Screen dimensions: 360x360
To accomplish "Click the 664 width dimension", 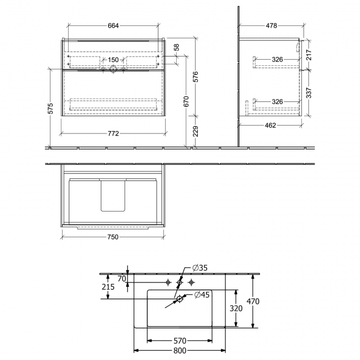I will click(x=114, y=25).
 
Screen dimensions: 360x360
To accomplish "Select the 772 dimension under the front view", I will click(x=114, y=133).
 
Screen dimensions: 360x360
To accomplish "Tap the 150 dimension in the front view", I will click(x=113, y=60).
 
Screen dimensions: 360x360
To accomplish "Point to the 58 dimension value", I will click(x=177, y=48).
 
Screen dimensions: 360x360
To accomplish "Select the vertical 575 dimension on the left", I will click(x=50, y=109).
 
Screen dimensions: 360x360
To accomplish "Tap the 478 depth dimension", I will click(x=271, y=25).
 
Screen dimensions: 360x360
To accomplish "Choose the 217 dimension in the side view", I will click(x=308, y=55).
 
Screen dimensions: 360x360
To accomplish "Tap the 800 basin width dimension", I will click(x=180, y=351).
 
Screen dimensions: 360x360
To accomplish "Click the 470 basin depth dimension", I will click(x=253, y=301).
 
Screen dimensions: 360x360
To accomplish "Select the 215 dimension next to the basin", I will click(x=109, y=287).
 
